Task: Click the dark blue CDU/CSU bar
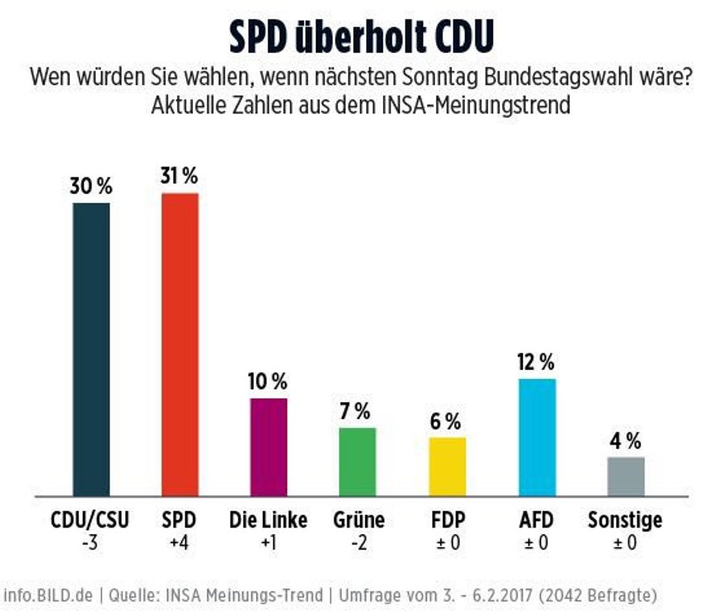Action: tap(91, 349)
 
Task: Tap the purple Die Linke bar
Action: tap(269, 447)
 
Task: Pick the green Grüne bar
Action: tap(357, 462)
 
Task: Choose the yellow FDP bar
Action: tap(446, 466)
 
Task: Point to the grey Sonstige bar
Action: tap(625, 476)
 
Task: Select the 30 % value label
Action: tap(92, 187)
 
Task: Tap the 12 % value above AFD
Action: tap(536, 363)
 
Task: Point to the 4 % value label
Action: tap(625, 441)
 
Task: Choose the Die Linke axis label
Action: tap(268, 519)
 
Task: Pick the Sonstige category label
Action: tap(625, 519)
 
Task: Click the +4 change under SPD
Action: tap(179, 543)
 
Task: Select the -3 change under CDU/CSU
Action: tap(90, 543)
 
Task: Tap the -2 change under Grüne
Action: tap(358, 543)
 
